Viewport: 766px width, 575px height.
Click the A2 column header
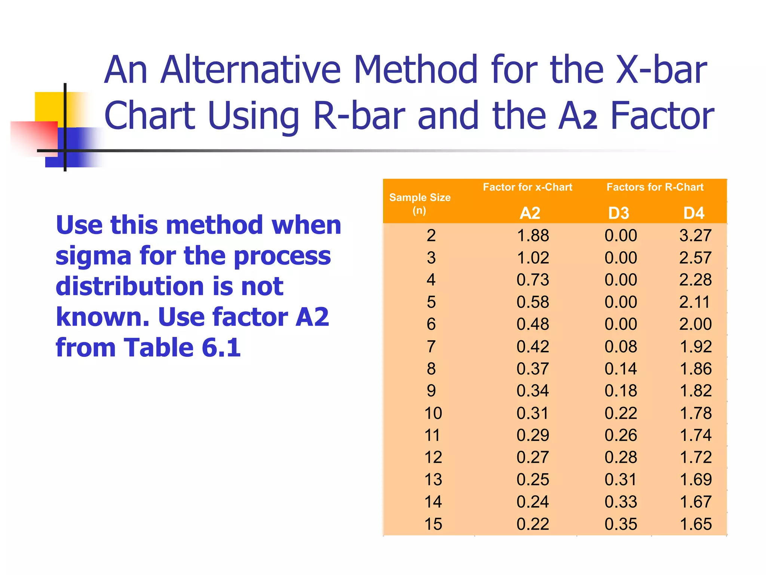[530, 213]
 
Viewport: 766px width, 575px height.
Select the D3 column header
[619, 213]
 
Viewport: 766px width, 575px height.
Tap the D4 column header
[694, 213]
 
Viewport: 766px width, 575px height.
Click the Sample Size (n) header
[420, 203]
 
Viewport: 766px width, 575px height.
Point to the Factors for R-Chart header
[655, 187]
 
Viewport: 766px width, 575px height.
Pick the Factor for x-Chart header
[527, 187]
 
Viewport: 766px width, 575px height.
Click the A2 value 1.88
[533, 235]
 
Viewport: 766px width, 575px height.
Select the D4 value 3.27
[695, 235]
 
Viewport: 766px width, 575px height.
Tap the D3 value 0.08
[621, 346]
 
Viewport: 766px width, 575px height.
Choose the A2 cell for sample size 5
[533, 302]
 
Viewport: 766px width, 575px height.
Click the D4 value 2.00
[695, 324]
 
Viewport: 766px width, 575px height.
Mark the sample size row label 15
[433, 524]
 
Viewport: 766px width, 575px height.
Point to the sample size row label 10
[433, 413]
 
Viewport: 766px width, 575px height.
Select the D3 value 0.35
[621, 524]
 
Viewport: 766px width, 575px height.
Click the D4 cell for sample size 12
[695, 457]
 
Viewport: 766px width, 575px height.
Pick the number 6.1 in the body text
[221, 347]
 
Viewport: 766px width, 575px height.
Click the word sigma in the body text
[93, 256]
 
